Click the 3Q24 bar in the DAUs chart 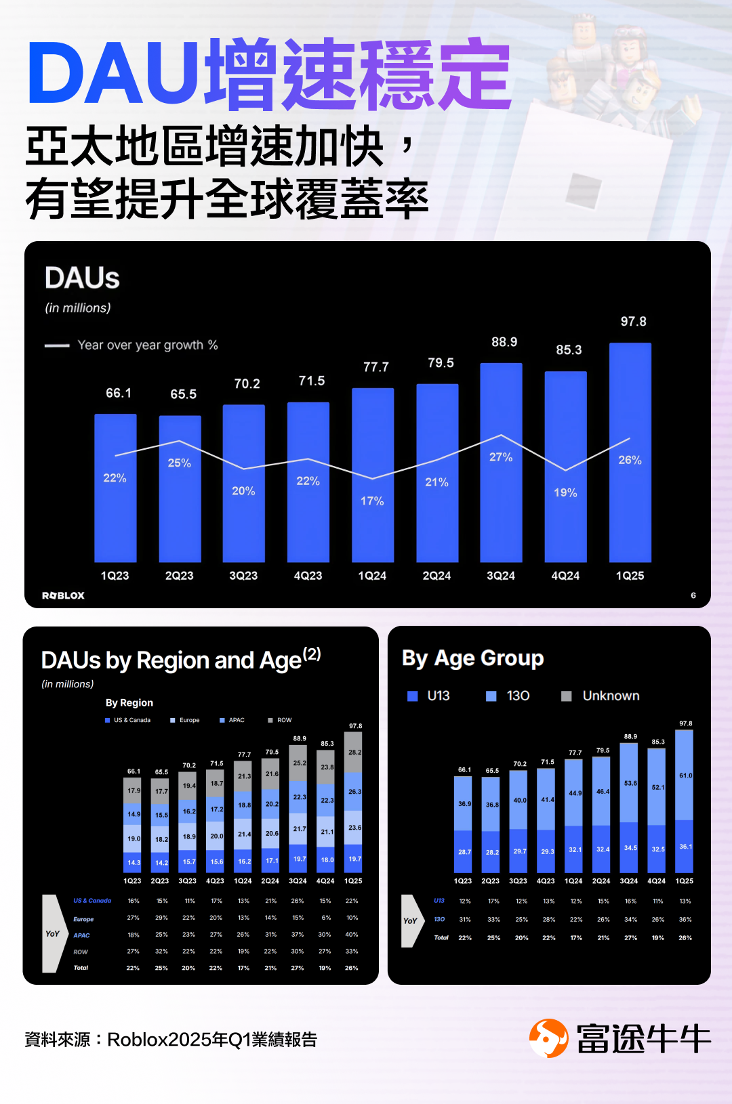tap(501, 515)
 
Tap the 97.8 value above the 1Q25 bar tap(634, 322)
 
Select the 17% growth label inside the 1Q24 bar tap(372, 501)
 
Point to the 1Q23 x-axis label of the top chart tap(115, 576)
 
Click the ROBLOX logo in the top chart tap(63, 596)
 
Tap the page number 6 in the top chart tap(693, 595)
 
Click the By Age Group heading tap(472, 658)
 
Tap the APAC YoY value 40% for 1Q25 tap(352, 935)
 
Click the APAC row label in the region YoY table tap(81, 935)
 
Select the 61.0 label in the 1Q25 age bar tap(685, 776)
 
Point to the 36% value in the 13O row tap(685, 920)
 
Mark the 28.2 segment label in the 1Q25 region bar tap(354, 752)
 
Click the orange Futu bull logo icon tap(548, 1038)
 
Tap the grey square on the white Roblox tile tap(584, 191)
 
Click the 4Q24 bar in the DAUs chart tap(565, 528)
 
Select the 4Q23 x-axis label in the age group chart tap(546, 881)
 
